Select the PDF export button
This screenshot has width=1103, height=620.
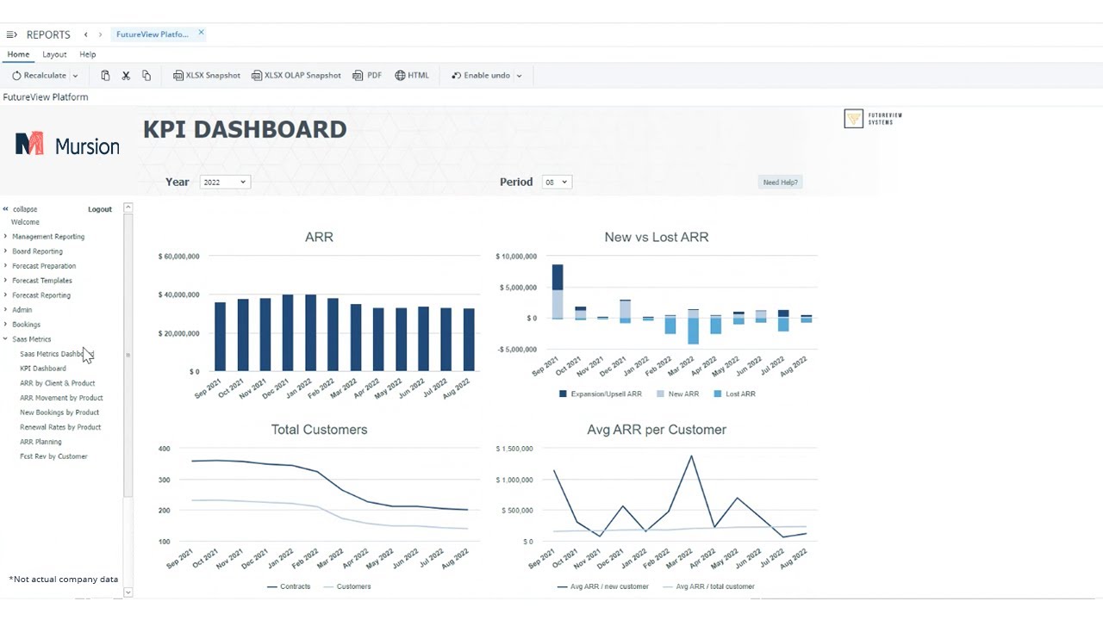[x=368, y=76]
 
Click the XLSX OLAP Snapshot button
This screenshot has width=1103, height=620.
[x=296, y=76]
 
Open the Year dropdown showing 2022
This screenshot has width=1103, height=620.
[x=225, y=182]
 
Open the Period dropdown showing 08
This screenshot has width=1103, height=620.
[x=557, y=182]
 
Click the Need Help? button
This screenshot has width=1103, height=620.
[x=780, y=183]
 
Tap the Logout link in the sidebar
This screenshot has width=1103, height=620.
[x=100, y=209]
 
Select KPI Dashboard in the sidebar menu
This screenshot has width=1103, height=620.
[x=43, y=369]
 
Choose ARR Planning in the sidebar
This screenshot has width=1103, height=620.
[x=41, y=442]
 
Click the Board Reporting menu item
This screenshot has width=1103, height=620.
[x=37, y=251]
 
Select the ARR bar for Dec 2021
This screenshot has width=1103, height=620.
[x=288, y=333]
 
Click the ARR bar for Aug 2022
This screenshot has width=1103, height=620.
[x=469, y=340]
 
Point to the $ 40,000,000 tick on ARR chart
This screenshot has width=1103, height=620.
[x=179, y=294]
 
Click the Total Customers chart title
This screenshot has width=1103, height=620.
[x=319, y=430]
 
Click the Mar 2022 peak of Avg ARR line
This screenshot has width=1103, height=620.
[x=691, y=456]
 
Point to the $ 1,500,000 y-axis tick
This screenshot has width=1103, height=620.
[x=515, y=449]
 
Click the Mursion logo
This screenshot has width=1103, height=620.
[x=67, y=145]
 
